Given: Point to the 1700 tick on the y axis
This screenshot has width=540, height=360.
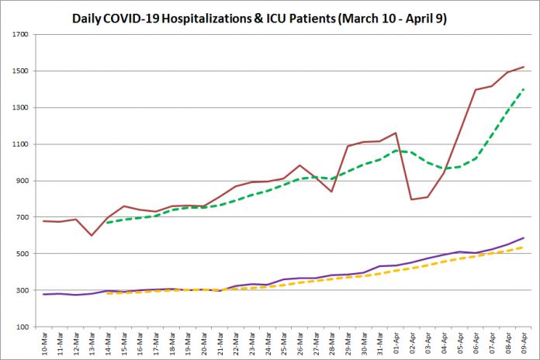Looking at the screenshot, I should (22, 35).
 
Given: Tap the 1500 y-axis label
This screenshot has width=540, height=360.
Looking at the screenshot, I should (22, 71).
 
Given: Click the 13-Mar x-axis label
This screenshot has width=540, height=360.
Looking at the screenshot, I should (92, 344).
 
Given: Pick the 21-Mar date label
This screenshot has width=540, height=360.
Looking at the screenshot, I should (220, 344).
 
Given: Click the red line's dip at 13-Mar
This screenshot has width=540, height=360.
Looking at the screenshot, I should (92, 235).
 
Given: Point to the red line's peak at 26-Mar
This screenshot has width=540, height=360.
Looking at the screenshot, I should (299, 165).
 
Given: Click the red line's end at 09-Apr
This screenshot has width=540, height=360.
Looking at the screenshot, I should (524, 67).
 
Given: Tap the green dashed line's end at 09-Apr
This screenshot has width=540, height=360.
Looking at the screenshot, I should (524, 89).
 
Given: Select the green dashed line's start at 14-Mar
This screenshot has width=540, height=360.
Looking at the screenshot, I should (108, 223).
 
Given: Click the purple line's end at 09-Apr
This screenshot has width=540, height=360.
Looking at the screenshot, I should (524, 238).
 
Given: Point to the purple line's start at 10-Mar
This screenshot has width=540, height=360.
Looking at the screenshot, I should (44, 295).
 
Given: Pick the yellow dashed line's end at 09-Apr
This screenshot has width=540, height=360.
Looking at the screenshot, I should (524, 247).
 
